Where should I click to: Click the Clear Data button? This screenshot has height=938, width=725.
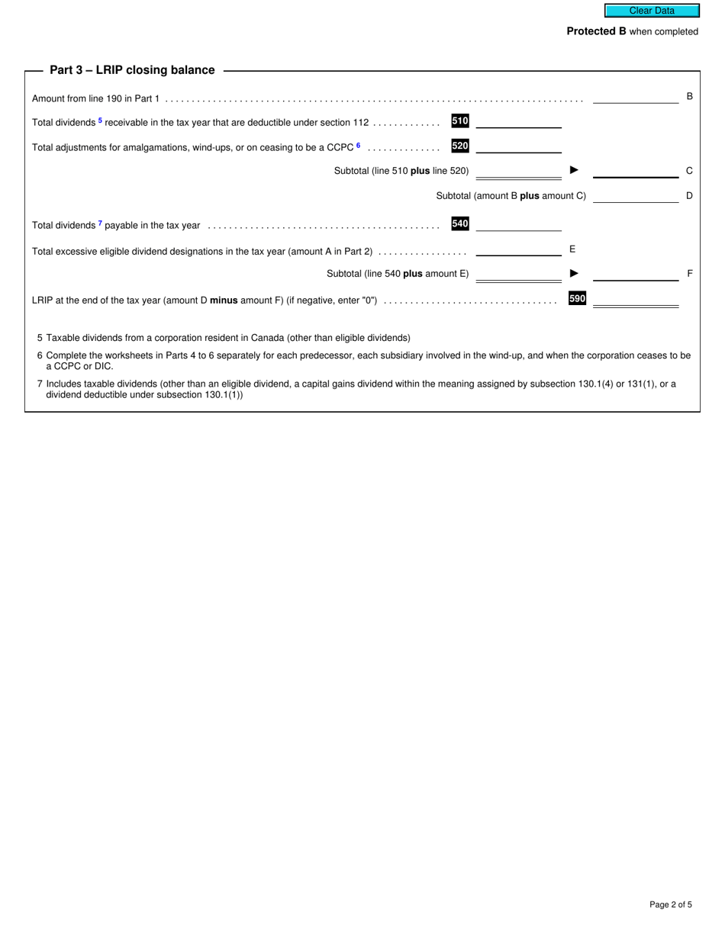(x=652, y=11)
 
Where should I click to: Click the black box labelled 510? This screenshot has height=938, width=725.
(x=460, y=120)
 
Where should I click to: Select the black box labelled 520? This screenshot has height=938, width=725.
(x=460, y=146)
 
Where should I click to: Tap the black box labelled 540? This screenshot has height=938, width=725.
(x=460, y=223)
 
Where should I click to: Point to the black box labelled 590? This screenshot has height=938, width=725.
(x=577, y=299)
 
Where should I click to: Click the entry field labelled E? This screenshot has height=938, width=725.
(x=518, y=249)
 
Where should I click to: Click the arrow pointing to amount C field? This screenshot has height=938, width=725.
(x=575, y=170)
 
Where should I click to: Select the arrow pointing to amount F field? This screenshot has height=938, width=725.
(x=575, y=273)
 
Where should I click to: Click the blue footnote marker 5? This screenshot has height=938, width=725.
(x=101, y=120)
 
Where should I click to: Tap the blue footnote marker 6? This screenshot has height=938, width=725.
(x=358, y=145)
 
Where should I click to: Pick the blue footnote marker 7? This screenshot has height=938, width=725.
(x=100, y=223)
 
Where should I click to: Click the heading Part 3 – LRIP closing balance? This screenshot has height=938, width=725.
(x=132, y=70)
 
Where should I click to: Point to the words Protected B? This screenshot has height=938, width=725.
(x=591, y=31)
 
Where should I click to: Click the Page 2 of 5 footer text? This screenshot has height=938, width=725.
(x=671, y=905)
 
